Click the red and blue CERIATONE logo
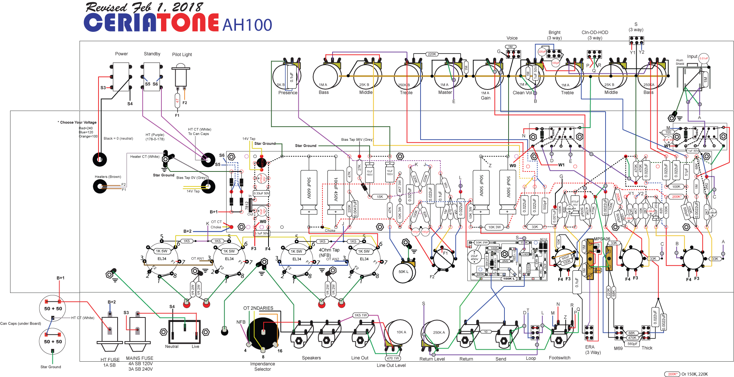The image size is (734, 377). (x=151, y=22)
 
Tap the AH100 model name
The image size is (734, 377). (x=247, y=25)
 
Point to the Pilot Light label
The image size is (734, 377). (x=182, y=55)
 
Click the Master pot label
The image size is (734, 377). (x=445, y=92)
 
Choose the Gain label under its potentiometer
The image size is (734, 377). (x=486, y=98)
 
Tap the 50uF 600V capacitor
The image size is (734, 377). (x=309, y=192)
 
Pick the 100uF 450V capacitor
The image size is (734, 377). (x=336, y=192)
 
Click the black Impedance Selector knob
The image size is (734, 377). (x=263, y=333)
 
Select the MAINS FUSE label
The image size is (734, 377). (x=139, y=358)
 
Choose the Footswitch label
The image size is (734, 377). (x=559, y=358)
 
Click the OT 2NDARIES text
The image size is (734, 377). (x=258, y=308)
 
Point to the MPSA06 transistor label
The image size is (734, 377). (x=602, y=239)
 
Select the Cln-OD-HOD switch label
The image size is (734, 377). (x=595, y=33)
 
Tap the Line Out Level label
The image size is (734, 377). (x=391, y=365)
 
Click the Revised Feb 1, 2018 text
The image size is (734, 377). (x=144, y=7)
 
